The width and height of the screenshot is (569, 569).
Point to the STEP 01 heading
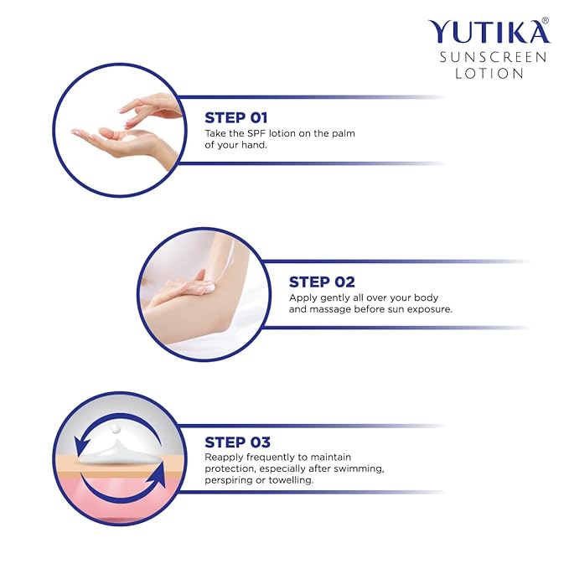[236, 117]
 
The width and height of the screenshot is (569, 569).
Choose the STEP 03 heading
[236, 442]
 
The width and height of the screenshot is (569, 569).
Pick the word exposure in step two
[430, 309]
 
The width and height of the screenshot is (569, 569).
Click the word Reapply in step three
[226, 457]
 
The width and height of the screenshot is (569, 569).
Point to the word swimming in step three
[355, 468]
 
